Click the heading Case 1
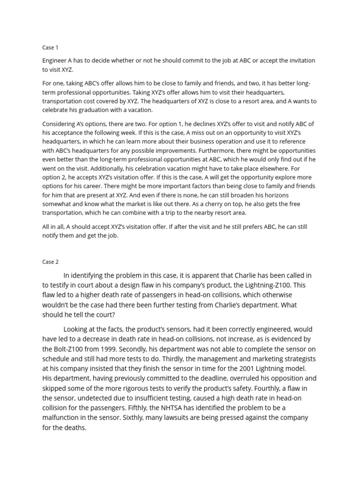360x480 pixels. coord(50,47)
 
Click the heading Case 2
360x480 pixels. coord(50,262)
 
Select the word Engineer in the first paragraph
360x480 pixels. coord(55,60)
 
